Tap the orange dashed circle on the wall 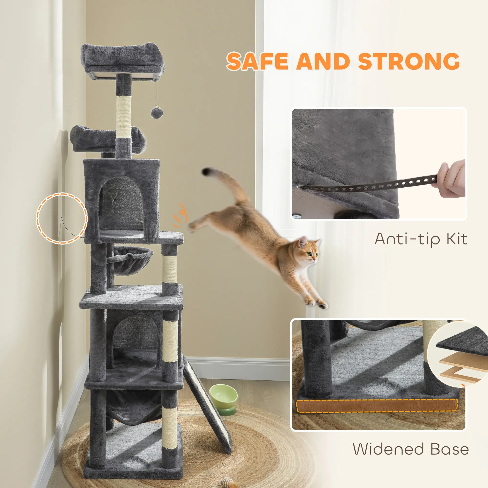(62, 218)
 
